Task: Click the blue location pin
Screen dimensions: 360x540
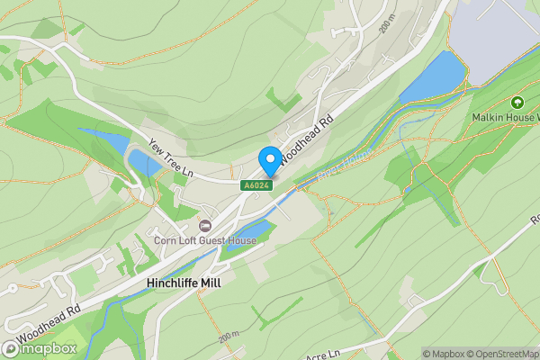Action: [x=269, y=161]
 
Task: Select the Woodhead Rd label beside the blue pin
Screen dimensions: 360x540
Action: [x=306, y=139]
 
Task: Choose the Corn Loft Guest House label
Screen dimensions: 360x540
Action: [x=205, y=241]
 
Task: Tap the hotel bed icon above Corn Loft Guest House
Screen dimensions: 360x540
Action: [x=205, y=225]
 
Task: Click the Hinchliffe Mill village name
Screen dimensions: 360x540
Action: [x=184, y=282]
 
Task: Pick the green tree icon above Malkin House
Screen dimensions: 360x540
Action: [x=517, y=103]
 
